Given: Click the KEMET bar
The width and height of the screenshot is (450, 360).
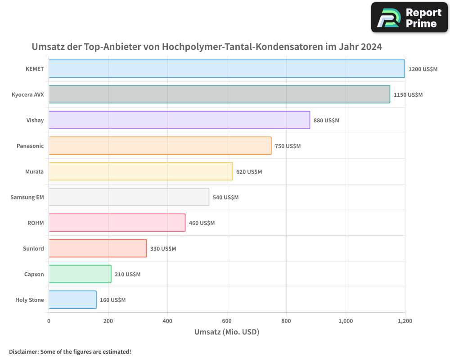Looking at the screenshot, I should pyautogui.click(x=227, y=69).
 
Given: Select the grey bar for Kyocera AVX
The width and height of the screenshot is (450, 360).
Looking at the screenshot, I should pyautogui.click(x=219, y=94).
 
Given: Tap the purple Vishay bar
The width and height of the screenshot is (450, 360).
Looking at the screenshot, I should pyautogui.click(x=179, y=120).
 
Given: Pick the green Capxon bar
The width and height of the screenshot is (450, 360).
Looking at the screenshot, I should pyautogui.click(x=80, y=274).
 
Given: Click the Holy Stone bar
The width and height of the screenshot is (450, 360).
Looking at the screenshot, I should pyautogui.click(x=72, y=300).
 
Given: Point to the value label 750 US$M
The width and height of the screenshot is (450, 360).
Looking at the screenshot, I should pyautogui.click(x=288, y=146).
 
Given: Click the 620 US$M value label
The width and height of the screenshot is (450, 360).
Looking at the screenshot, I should pyautogui.click(x=249, y=172).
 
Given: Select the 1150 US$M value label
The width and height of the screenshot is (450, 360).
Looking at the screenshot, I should pyautogui.click(x=408, y=95).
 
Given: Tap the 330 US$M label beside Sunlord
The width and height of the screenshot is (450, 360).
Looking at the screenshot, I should pyautogui.click(x=163, y=249).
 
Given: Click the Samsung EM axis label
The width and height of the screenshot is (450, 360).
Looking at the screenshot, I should pyautogui.click(x=27, y=198).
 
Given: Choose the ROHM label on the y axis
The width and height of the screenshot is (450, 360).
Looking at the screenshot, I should pyautogui.click(x=36, y=223).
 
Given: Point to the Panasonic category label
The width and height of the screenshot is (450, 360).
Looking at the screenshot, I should pyautogui.click(x=30, y=146).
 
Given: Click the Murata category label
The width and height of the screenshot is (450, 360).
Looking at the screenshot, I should pyautogui.click(x=35, y=172).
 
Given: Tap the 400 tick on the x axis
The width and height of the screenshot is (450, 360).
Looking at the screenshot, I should pyautogui.click(x=167, y=321).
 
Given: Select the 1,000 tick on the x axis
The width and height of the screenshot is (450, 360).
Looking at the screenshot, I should pyautogui.click(x=346, y=321).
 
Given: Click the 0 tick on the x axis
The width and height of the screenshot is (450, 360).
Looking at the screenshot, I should pyautogui.click(x=49, y=321).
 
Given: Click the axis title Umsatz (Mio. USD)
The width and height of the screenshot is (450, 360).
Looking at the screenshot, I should pyautogui.click(x=227, y=332).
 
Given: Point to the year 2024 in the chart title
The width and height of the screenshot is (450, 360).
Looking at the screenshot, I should pyautogui.click(x=371, y=47).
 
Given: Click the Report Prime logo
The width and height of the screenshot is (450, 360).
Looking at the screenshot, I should pyautogui.click(x=409, y=18).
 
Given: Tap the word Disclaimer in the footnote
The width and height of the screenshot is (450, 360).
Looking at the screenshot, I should pyautogui.click(x=23, y=351).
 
